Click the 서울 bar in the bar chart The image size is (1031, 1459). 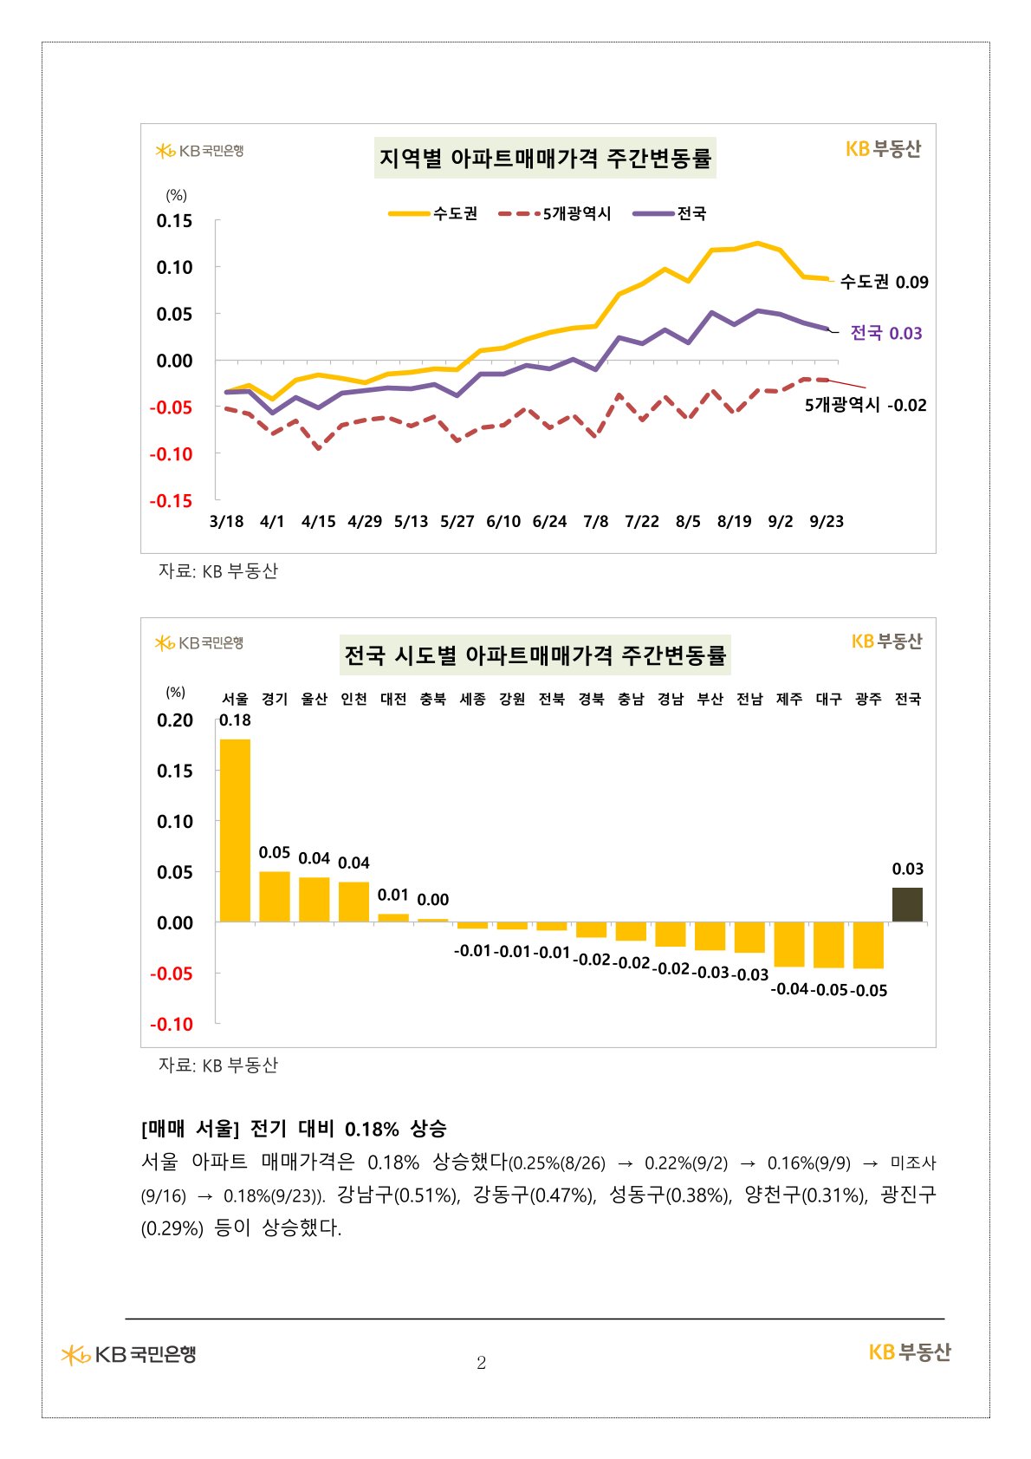click(x=235, y=830)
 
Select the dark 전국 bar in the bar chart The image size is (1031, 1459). click(x=907, y=904)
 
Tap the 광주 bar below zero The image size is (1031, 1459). click(x=868, y=945)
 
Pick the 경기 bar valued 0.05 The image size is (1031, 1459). click(x=275, y=896)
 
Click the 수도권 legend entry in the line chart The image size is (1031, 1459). click(x=433, y=213)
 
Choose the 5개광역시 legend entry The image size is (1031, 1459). click(x=555, y=213)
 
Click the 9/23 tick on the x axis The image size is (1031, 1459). click(x=827, y=521)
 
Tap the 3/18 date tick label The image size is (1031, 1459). click(x=227, y=521)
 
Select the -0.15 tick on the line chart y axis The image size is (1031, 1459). click(x=171, y=500)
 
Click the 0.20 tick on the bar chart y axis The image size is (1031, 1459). click(x=175, y=720)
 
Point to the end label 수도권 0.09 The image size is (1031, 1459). click(x=884, y=282)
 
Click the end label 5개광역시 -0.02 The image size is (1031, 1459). click(x=866, y=405)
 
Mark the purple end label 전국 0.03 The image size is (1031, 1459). click(x=885, y=333)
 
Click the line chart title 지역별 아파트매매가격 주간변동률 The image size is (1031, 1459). click(x=545, y=159)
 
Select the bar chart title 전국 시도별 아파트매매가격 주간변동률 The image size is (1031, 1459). click(x=535, y=655)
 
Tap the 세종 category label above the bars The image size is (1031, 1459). click(x=472, y=699)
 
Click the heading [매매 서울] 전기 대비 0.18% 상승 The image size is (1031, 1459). click(x=294, y=1129)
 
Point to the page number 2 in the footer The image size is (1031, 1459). click(x=482, y=1363)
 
